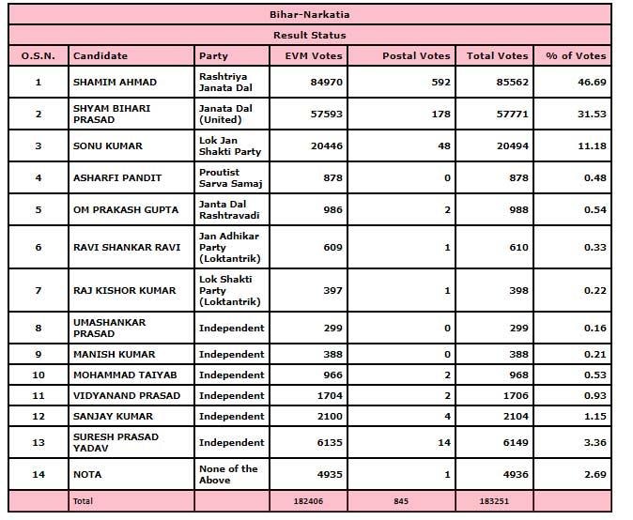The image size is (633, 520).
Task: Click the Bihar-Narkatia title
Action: pos(309,15)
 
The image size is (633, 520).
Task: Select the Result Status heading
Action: pos(309,35)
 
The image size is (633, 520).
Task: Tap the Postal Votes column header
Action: pos(416,56)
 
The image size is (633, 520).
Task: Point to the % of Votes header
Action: pos(576,56)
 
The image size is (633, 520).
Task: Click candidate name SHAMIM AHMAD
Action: pos(115,83)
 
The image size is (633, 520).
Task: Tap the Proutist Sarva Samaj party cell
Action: pos(220,178)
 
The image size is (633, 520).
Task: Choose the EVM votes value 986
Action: pos(331,210)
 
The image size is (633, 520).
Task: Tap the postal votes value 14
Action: pos(444,443)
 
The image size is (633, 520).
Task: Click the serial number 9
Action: pos(38,355)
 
